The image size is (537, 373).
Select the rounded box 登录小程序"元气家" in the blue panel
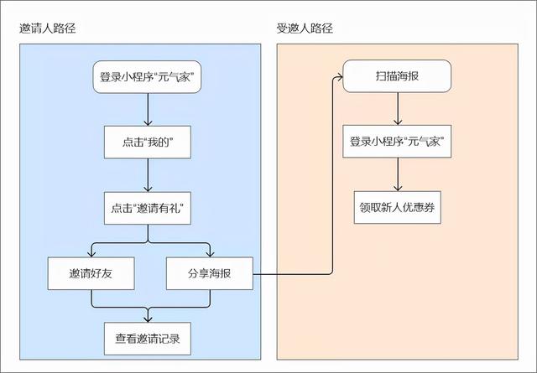point(148,78)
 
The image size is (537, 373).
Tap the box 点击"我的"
point(148,143)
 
